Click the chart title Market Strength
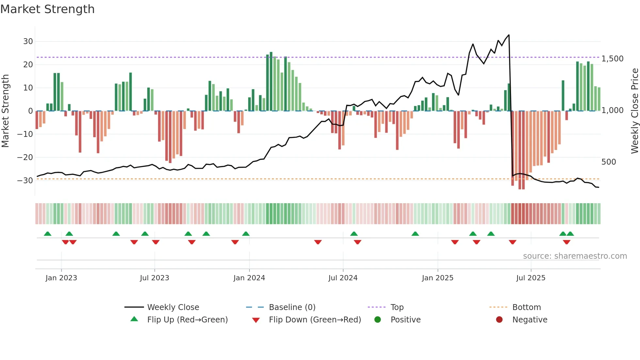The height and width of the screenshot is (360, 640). (48, 9)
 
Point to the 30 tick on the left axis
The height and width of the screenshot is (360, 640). (28, 41)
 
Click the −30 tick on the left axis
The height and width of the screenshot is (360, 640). (25, 180)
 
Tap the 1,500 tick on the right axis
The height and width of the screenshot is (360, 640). (612, 59)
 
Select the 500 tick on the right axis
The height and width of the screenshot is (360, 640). (608, 162)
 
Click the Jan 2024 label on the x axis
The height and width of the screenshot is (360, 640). (249, 278)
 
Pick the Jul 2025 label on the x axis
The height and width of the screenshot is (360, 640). (531, 278)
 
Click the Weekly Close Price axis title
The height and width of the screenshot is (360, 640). (634, 111)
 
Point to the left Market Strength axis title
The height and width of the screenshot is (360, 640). (5, 111)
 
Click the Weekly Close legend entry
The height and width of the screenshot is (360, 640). (173, 307)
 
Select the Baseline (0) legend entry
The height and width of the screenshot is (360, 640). (292, 307)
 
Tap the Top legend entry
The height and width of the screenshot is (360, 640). (397, 307)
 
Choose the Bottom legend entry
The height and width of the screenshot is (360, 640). (526, 307)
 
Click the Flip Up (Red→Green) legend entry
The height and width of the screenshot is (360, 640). (187, 320)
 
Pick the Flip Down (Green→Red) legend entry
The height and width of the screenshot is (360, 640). (315, 320)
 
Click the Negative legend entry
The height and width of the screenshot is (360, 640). (529, 320)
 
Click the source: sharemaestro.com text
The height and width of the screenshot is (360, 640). (575, 256)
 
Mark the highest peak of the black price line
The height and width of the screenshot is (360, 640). (509, 35)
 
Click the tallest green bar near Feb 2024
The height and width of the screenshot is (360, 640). (271, 82)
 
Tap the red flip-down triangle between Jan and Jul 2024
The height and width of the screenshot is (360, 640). (318, 242)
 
